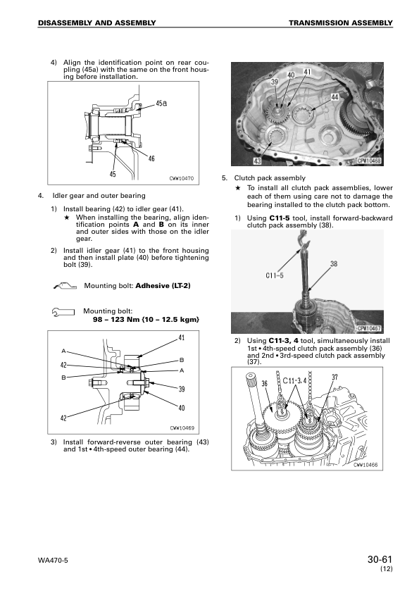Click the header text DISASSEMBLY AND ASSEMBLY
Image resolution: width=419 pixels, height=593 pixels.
pos(97,23)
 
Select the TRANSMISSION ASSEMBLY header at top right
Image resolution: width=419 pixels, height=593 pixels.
pos(340,23)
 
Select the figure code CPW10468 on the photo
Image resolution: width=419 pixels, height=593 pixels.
pos(369,161)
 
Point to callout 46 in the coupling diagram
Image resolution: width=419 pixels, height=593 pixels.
pos(151,158)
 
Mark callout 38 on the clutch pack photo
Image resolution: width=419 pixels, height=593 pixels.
pos(334,264)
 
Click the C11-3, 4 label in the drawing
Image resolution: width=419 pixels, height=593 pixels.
pos(291,382)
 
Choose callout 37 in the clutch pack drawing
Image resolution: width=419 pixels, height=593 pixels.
pos(335,377)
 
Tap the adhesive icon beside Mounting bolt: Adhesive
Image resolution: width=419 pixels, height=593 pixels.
pos(63,286)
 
